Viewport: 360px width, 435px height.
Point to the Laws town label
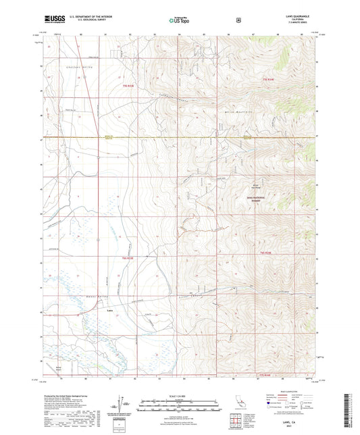tap(110, 311)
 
